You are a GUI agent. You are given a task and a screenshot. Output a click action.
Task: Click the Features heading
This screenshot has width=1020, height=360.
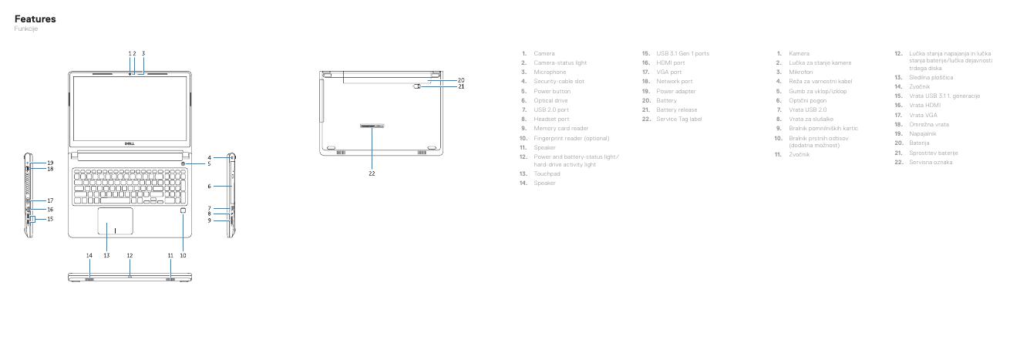[35, 19]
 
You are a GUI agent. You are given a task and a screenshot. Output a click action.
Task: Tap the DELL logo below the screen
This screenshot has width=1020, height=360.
[130, 143]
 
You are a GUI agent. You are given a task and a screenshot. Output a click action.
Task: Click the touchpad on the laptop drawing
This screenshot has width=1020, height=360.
[115, 220]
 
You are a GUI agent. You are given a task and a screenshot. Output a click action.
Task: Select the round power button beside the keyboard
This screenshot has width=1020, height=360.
[182, 164]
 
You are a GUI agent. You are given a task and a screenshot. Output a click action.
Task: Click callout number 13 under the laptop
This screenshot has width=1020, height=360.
[106, 255]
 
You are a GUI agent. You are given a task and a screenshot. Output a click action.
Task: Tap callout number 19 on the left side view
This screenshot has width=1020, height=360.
[50, 163]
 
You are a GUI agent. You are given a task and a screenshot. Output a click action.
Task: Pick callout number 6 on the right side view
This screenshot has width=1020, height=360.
[209, 187]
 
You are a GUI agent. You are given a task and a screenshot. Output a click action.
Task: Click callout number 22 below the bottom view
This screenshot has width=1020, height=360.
[372, 173]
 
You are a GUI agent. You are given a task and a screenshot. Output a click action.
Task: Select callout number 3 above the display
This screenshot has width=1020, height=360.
[143, 53]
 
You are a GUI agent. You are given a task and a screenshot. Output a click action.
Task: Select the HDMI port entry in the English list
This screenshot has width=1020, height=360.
[670, 62]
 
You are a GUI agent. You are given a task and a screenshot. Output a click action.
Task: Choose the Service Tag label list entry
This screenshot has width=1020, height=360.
[678, 119]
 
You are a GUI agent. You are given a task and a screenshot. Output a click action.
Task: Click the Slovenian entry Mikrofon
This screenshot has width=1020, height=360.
[801, 72]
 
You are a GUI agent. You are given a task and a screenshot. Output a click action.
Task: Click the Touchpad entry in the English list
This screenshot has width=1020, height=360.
[547, 174]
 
